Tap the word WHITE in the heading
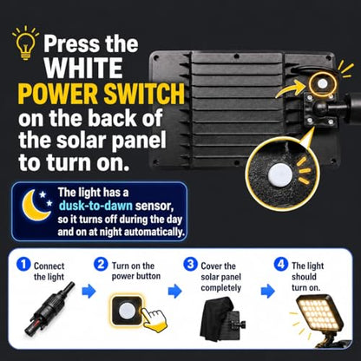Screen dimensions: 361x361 83,68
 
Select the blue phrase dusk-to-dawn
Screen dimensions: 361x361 95,206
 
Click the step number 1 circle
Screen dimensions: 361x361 23,265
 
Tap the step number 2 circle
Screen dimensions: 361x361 101,265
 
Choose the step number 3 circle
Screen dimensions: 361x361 190,265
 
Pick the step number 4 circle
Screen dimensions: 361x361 281,265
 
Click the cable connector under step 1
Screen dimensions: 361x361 49,309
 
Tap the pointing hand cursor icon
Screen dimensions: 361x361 153,319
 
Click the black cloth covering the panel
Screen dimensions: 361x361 216,319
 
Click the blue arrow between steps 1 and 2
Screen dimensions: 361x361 89,291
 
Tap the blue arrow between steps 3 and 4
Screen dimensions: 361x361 267,291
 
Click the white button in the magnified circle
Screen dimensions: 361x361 280,174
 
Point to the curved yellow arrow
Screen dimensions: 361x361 290,89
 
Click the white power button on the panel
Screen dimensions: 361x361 322,84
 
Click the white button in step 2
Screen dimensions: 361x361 127,311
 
